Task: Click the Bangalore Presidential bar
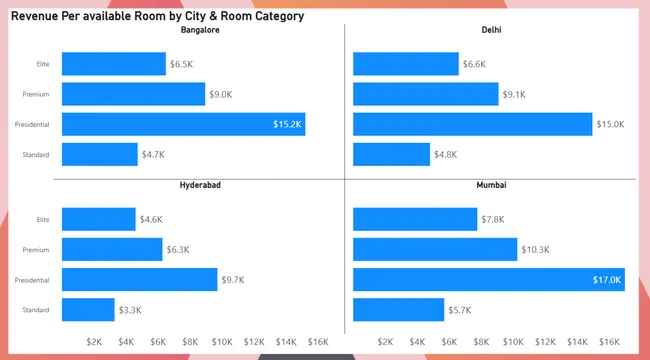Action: pyautogui.click(x=184, y=124)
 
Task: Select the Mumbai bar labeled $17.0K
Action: pyautogui.click(x=489, y=280)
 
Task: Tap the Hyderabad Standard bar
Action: pyautogui.click(x=88, y=309)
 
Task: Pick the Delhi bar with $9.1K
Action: pyautogui.click(x=426, y=94)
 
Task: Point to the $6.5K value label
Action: pyautogui.click(x=182, y=64)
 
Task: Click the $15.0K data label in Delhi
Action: pyautogui.click(x=610, y=124)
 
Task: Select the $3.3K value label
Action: pyautogui.click(x=130, y=310)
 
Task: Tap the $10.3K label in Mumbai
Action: pyautogui.click(x=536, y=250)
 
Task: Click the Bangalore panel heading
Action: pyautogui.click(x=200, y=30)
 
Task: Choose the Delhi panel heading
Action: pyautogui.click(x=492, y=30)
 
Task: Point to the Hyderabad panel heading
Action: pyautogui.click(x=200, y=185)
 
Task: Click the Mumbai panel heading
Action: pyautogui.click(x=492, y=185)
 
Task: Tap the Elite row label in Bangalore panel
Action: pyautogui.click(x=43, y=64)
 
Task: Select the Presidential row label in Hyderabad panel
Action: pyautogui.click(x=32, y=280)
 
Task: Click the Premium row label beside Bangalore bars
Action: pyautogui.click(x=36, y=94)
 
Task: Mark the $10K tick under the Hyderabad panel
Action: pyautogui.click(x=222, y=342)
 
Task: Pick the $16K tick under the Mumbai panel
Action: pyautogui.click(x=609, y=342)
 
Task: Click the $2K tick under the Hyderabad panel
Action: pyautogui.click(x=94, y=342)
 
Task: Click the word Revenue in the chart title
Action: pyautogui.click(x=34, y=16)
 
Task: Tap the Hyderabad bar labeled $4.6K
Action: pyautogui.click(x=99, y=219)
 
